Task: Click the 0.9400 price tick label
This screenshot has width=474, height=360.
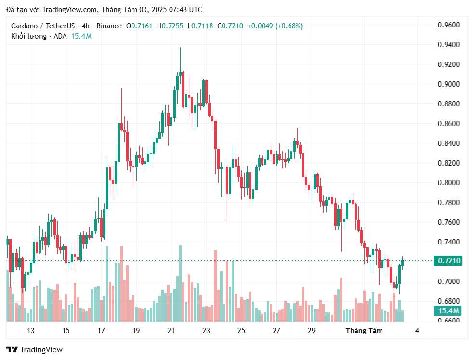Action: [448, 45]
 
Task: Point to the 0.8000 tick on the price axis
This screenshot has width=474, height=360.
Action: [448, 183]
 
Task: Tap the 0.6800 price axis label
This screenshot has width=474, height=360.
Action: [448, 301]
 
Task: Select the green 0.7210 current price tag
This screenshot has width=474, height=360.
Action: [448, 261]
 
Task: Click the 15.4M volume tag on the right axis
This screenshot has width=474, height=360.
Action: [448, 310]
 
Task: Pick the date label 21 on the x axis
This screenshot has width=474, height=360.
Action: [171, 331]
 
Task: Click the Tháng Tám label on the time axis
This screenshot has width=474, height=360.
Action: [364, 331]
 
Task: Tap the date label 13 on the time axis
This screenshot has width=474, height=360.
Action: [31, 331]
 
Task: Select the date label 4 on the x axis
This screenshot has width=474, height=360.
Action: [417, 331]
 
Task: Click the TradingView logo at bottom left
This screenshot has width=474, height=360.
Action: [34, 350]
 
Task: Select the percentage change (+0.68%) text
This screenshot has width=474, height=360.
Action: [289, 26]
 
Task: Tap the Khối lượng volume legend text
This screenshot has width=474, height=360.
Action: [29, 36]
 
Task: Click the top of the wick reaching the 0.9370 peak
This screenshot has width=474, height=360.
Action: [180, 48]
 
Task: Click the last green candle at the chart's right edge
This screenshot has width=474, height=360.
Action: [403, 263]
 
